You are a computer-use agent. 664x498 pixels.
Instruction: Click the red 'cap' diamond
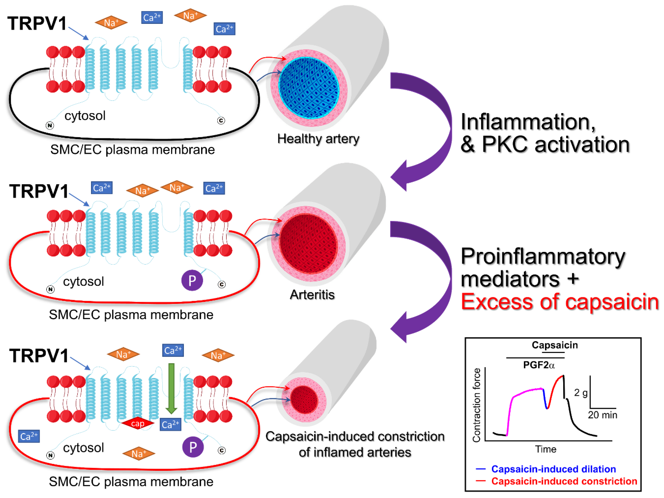137,423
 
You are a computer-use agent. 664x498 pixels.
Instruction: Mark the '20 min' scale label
602,415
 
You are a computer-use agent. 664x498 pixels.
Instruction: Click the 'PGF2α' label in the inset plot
539,365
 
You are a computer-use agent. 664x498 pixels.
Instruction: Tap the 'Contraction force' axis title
476,405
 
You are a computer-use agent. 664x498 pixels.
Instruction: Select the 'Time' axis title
545,449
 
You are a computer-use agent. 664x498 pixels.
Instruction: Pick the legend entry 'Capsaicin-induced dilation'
553,469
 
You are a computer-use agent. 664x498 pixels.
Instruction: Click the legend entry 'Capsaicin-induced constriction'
564,481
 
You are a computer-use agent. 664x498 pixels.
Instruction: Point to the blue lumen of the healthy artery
309,88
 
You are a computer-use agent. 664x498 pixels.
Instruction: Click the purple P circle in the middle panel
192,280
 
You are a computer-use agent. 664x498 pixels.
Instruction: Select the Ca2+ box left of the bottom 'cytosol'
29,436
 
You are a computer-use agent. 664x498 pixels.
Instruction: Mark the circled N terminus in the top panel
50,125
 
